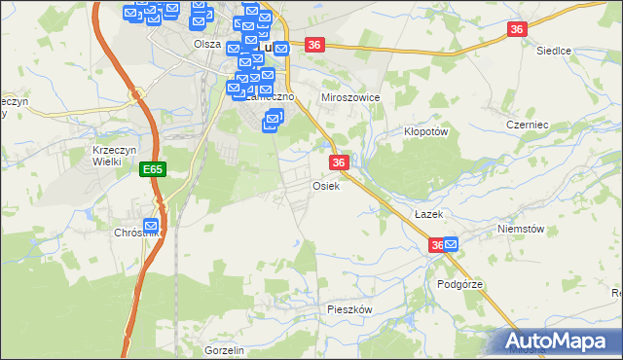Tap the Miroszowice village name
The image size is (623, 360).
pos(350,98)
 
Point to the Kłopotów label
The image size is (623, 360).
pos(424,130)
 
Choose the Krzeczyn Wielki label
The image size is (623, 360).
pos(107,156)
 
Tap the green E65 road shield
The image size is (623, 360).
pos(152,169)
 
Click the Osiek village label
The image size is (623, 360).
pos(326,185)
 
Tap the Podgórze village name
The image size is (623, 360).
pos(460,284)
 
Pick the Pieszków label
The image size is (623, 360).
pos(349,307)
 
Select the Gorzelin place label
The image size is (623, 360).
pos(224,349)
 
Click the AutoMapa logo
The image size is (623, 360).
pos(558,341)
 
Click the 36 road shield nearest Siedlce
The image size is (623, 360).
pos(516,30)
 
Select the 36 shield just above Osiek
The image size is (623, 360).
pos(339,162)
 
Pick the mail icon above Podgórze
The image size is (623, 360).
pos(451,247)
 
